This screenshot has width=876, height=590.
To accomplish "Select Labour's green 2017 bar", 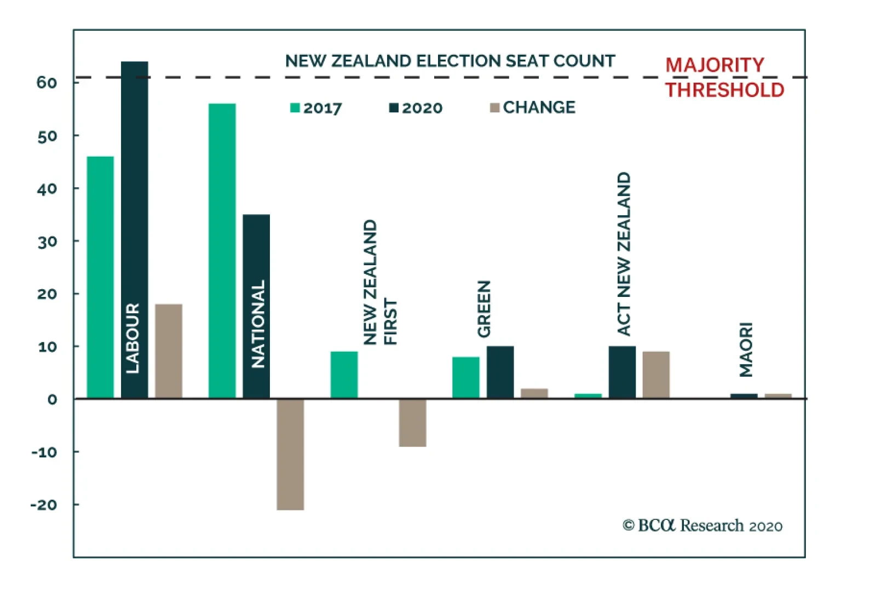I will (x=100, y=277).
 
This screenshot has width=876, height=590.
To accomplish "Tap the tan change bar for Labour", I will (x=169, y=351).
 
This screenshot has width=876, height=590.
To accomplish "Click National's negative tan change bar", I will (x=290, y=454).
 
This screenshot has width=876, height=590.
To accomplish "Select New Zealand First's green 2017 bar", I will (x=344, y=375).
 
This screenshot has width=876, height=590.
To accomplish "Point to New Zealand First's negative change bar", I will (x=412, y=422).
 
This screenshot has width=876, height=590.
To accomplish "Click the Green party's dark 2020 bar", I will (x=500, y=372).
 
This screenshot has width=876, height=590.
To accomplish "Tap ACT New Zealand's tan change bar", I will (x=656, y=375).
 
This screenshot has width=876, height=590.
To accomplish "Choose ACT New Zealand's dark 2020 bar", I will (x=622, y=372).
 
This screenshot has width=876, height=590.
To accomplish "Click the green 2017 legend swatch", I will (x=295, y=108).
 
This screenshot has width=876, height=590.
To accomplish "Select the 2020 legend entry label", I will (x=422, y=108).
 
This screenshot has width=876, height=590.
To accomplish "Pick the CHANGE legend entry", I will (x=539, y=107).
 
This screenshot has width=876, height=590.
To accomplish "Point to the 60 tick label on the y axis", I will (x=47, y=83).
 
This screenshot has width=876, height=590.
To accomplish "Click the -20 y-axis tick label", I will (x=44, y=505).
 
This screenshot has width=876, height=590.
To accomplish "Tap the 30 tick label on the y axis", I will (x=47, y=242).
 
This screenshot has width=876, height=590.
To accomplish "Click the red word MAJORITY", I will (x=714, y=65).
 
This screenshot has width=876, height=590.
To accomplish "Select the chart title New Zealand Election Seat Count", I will (x=450, y=61).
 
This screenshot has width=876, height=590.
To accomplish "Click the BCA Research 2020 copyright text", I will (x=702, y=526).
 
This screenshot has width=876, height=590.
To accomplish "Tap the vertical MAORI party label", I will (x=746, y=350).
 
